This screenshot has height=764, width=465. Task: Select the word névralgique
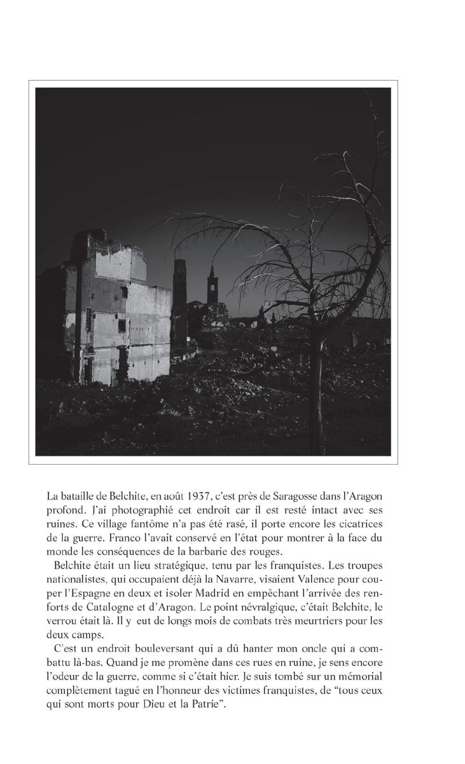click(281, 607)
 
